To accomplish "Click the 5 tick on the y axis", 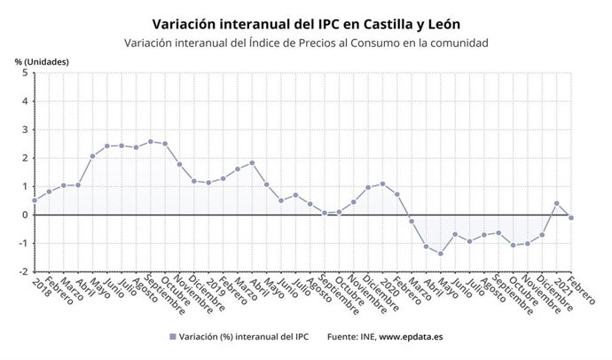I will coord(25,74).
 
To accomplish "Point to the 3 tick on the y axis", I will coord(25,130).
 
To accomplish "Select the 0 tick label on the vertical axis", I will coord(25,215).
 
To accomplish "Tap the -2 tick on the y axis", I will coord(23,271).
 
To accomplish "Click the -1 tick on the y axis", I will coord(23,243).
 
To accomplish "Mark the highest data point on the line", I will coord(150,141).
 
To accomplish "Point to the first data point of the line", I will coord(35,200).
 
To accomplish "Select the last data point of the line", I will coord(570,217).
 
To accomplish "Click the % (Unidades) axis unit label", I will coord(41,60).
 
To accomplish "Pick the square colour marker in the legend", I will coord(171,337).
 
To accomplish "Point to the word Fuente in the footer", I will coord(343,337).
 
